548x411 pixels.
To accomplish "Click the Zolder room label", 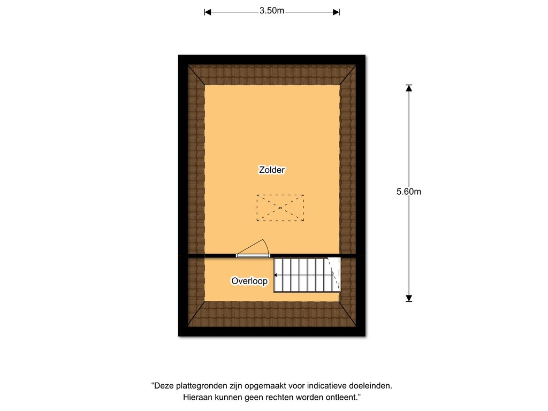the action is tap(271, 170).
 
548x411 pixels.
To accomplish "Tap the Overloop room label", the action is tap(249, 281).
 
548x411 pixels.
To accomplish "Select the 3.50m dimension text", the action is tap(271, 11).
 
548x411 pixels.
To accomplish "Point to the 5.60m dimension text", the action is tap(408, 192).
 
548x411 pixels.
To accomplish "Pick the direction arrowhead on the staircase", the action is tap(276, 276).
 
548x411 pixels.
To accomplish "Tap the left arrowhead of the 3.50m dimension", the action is tap(207, 12).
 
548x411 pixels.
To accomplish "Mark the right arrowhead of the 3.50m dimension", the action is tap(336, 12).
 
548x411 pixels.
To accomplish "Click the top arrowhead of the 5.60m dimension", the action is tap(408, 88).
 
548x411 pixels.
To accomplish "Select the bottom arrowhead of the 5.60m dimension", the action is tap(408, 298).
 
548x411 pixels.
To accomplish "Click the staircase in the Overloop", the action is tap(307, 275).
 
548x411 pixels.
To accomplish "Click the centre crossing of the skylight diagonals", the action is tap(280, 208).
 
